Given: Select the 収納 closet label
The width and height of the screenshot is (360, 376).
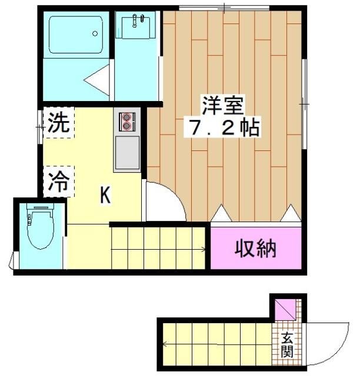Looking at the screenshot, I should [x=256, y=249].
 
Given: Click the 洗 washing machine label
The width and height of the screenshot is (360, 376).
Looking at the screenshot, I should [x=58, y=122].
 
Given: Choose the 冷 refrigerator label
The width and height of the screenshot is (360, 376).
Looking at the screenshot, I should [x=58, y=181].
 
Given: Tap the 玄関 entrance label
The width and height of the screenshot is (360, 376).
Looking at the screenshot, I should [x=287, y=345].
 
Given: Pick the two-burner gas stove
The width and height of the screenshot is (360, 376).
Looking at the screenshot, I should [x=126, y=122].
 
